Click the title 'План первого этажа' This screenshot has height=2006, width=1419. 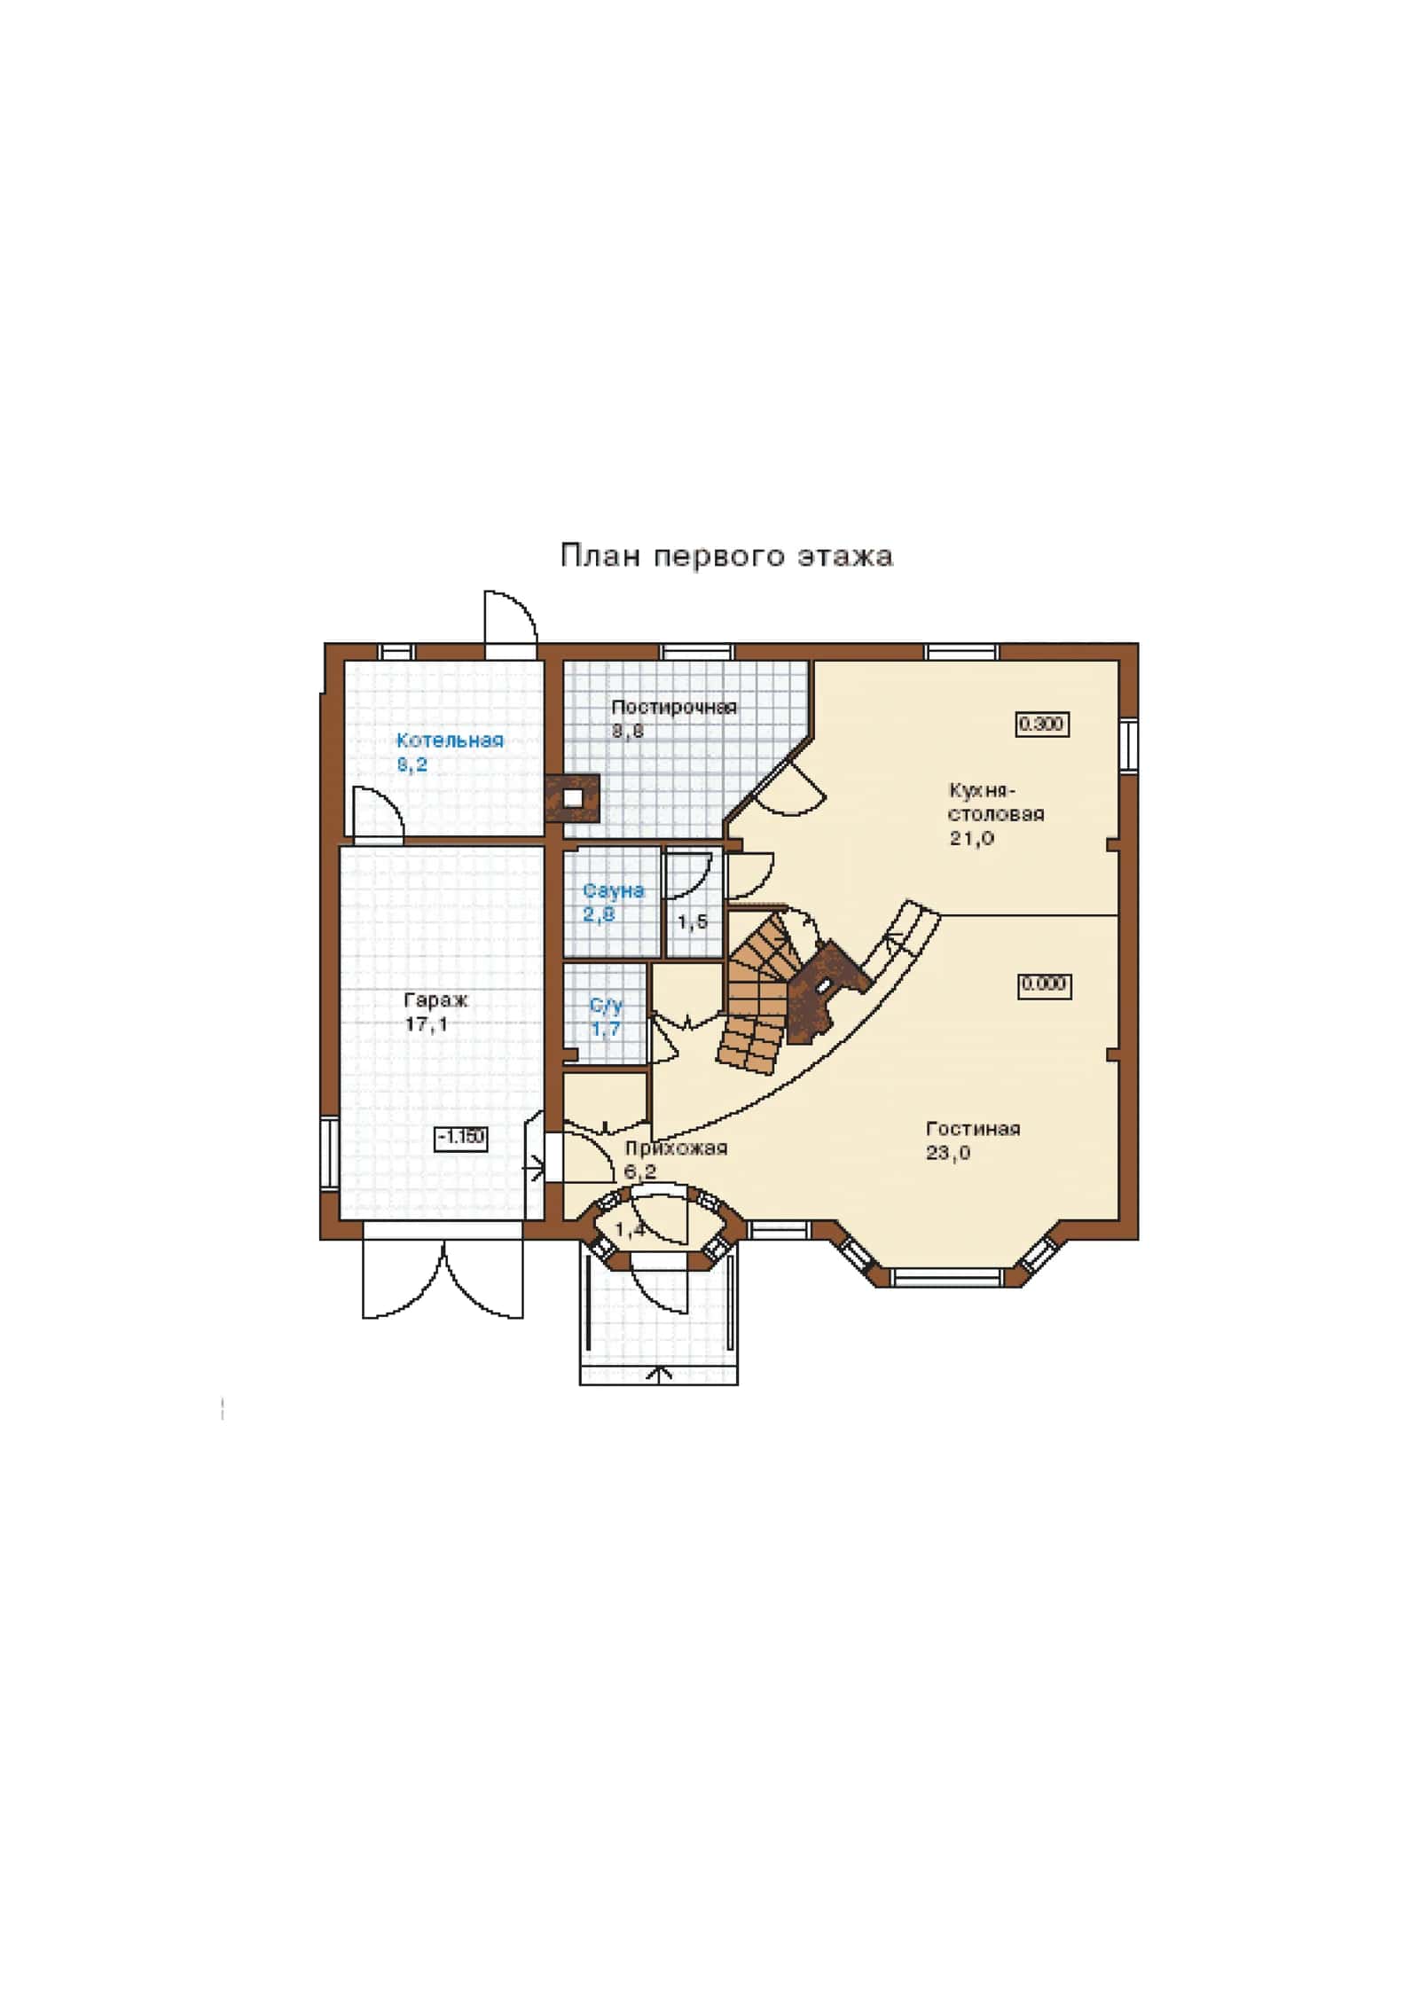(x=726, y=556)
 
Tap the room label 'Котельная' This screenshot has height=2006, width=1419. (x=450, y=740)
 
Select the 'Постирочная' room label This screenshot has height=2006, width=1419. (x=674, y=708)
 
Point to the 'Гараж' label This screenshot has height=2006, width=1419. (x=436, y=1000)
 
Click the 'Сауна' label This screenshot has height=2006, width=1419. (x=614, y=890)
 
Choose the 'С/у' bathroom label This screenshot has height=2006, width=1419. (x=607, y=1006)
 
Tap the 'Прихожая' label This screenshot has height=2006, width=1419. (x=677, y=1148)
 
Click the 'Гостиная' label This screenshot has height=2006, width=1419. (x=973, y=1129)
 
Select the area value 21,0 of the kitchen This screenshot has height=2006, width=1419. (x=972, y=838)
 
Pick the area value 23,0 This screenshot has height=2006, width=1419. (x=948, y=1153)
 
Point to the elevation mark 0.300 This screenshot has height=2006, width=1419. (x=1041, y=724)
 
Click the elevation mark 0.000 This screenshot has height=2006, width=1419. (x=1044, y=984)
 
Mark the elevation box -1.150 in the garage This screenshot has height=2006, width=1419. (x=461, y=1137)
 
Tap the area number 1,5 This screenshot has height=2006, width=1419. (x=693, y=922)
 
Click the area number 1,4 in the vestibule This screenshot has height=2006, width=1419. (x=630, y=1229)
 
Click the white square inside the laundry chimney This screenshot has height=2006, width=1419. (x=574, y=797)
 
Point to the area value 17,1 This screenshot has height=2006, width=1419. (x=427, y=1024)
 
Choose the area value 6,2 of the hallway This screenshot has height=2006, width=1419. (x=640, y=1171)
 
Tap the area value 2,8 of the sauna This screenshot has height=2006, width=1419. (x=599, y=913)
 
